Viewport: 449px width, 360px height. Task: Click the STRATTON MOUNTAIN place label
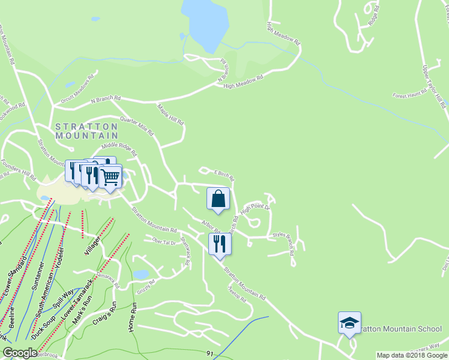click(86, 131)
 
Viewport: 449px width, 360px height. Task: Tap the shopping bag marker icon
click(218, 199)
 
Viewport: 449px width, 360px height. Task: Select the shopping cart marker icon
click(110, 176)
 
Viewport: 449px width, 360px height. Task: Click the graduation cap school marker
click(349, 323)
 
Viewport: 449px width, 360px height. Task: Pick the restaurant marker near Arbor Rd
click(220, 244)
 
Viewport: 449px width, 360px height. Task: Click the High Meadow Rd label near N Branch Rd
click(243, 82)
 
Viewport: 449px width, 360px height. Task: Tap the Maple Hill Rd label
click(171, 114)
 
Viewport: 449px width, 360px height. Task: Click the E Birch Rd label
click(222, 174)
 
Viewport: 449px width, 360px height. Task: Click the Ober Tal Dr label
click(164, 242)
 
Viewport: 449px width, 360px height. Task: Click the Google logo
click(20, 353)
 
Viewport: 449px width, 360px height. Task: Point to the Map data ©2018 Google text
click(412, 355)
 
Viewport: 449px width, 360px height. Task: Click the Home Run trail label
click(134, 318)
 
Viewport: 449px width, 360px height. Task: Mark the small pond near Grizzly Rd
click(140, 274)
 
